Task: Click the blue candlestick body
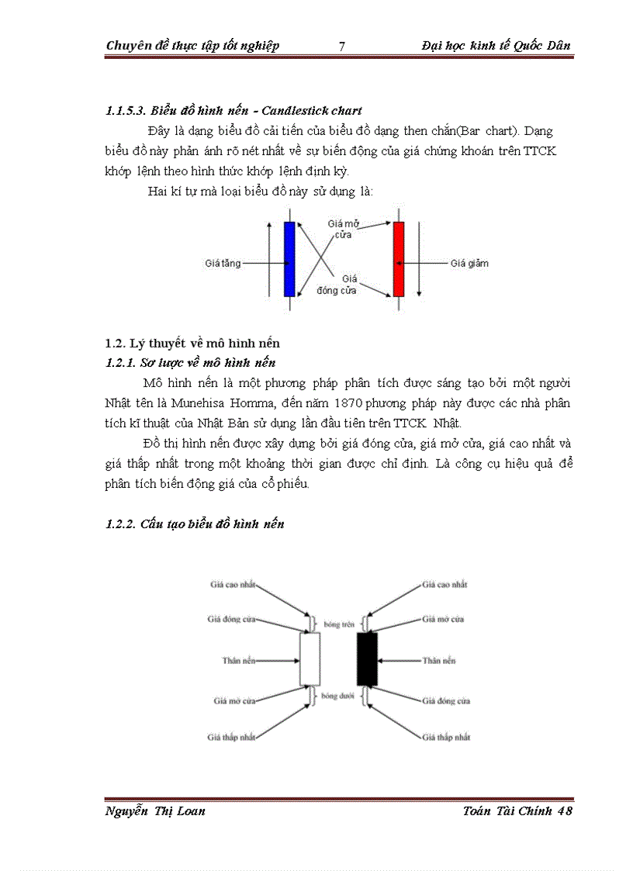point(290,259)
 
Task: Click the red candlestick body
point(399,259)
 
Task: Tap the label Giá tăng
point(223,264)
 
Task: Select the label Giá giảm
point(470,264)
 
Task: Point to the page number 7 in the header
point(342,46)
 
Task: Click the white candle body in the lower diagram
point(310,659)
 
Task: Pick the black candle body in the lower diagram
point(367,659)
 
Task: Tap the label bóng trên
point(339,624)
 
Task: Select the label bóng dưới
point(339,696)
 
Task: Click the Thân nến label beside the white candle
point(237,661)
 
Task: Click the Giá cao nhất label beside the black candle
point(444,585)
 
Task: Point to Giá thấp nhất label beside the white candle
point(230,737)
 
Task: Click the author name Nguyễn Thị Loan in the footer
point(155,811)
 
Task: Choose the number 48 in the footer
point(564,811)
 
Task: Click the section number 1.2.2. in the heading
point(121,524)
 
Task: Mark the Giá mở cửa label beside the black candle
point(444,620)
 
